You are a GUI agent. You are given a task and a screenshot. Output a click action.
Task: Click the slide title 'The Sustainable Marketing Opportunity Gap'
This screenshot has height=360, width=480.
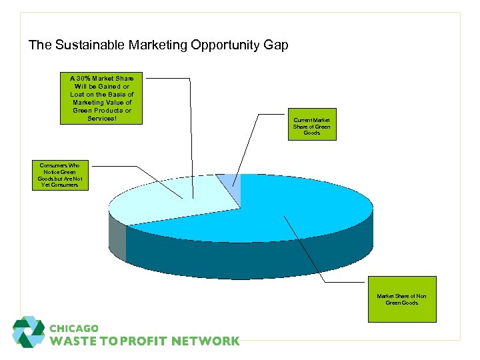pos(159,45)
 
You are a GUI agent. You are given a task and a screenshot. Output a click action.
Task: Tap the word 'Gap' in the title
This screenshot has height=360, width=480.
pos(277,45)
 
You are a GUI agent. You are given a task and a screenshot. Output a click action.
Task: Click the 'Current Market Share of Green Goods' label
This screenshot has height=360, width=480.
pos(311,124)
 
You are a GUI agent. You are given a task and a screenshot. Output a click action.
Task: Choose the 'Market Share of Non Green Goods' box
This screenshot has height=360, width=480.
pos(401,299)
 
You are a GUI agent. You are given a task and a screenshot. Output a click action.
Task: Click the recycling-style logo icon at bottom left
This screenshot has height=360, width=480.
pos(29,332)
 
